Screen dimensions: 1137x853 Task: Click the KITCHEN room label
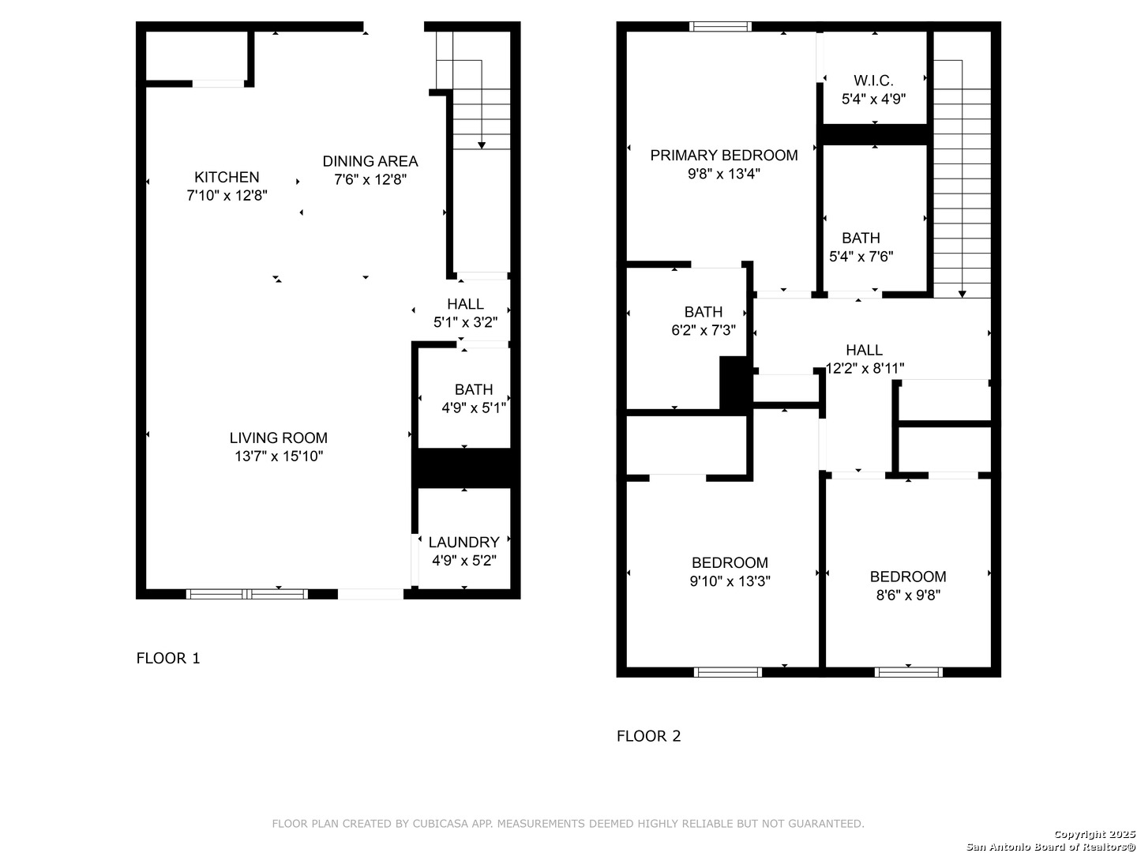[227, 177]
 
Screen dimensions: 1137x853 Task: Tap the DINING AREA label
[370, 161]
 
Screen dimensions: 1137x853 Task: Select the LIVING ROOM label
[278, 438]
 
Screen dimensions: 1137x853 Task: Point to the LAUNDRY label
[463, 542]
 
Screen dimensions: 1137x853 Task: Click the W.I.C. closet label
[873, 81]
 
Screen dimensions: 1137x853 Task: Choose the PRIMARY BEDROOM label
[723, 155]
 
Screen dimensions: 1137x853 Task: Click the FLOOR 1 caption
[168, 658]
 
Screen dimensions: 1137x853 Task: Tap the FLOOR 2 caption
[648, 735]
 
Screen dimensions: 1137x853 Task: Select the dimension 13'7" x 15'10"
[279, 457]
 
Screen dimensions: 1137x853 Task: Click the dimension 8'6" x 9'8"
[908, 595]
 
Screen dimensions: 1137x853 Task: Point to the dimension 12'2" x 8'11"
[865, 368]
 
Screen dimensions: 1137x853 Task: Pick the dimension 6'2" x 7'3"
[704, 330]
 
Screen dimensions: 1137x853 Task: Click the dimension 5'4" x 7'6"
[861, 257]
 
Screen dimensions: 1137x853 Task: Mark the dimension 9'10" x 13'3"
[730, 581]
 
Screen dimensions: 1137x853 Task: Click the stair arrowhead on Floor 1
[482, 145]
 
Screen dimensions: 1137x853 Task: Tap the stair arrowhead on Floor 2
[962, 294]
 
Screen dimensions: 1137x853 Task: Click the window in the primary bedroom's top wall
[720, 26]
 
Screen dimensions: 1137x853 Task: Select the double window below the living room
[246, 594]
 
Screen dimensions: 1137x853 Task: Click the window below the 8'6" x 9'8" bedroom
[908, 672]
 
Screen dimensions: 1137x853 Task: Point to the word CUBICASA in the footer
[440, 824]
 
